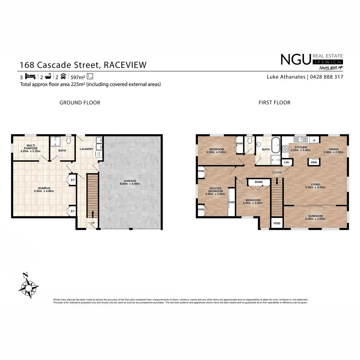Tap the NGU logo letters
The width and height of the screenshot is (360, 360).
[295, 60]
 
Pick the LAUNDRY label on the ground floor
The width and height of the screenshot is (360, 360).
[86, 149]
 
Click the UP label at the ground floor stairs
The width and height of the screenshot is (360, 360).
[93, 223]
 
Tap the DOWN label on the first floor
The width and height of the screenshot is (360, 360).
[277, 172]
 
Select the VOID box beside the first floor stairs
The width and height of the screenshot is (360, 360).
[277, 223]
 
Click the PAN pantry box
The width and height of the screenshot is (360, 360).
[314, 162]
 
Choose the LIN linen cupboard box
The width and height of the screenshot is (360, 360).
[286, 162]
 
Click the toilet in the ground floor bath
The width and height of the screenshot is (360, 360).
[69, 140]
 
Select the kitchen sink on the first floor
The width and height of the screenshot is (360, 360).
[301, 139]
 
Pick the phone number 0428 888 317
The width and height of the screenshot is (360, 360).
[327, 77]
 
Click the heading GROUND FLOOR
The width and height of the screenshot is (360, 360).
[80, 103]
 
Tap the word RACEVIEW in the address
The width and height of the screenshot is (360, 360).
[125, 65]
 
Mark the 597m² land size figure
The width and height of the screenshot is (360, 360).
[78, 77]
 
